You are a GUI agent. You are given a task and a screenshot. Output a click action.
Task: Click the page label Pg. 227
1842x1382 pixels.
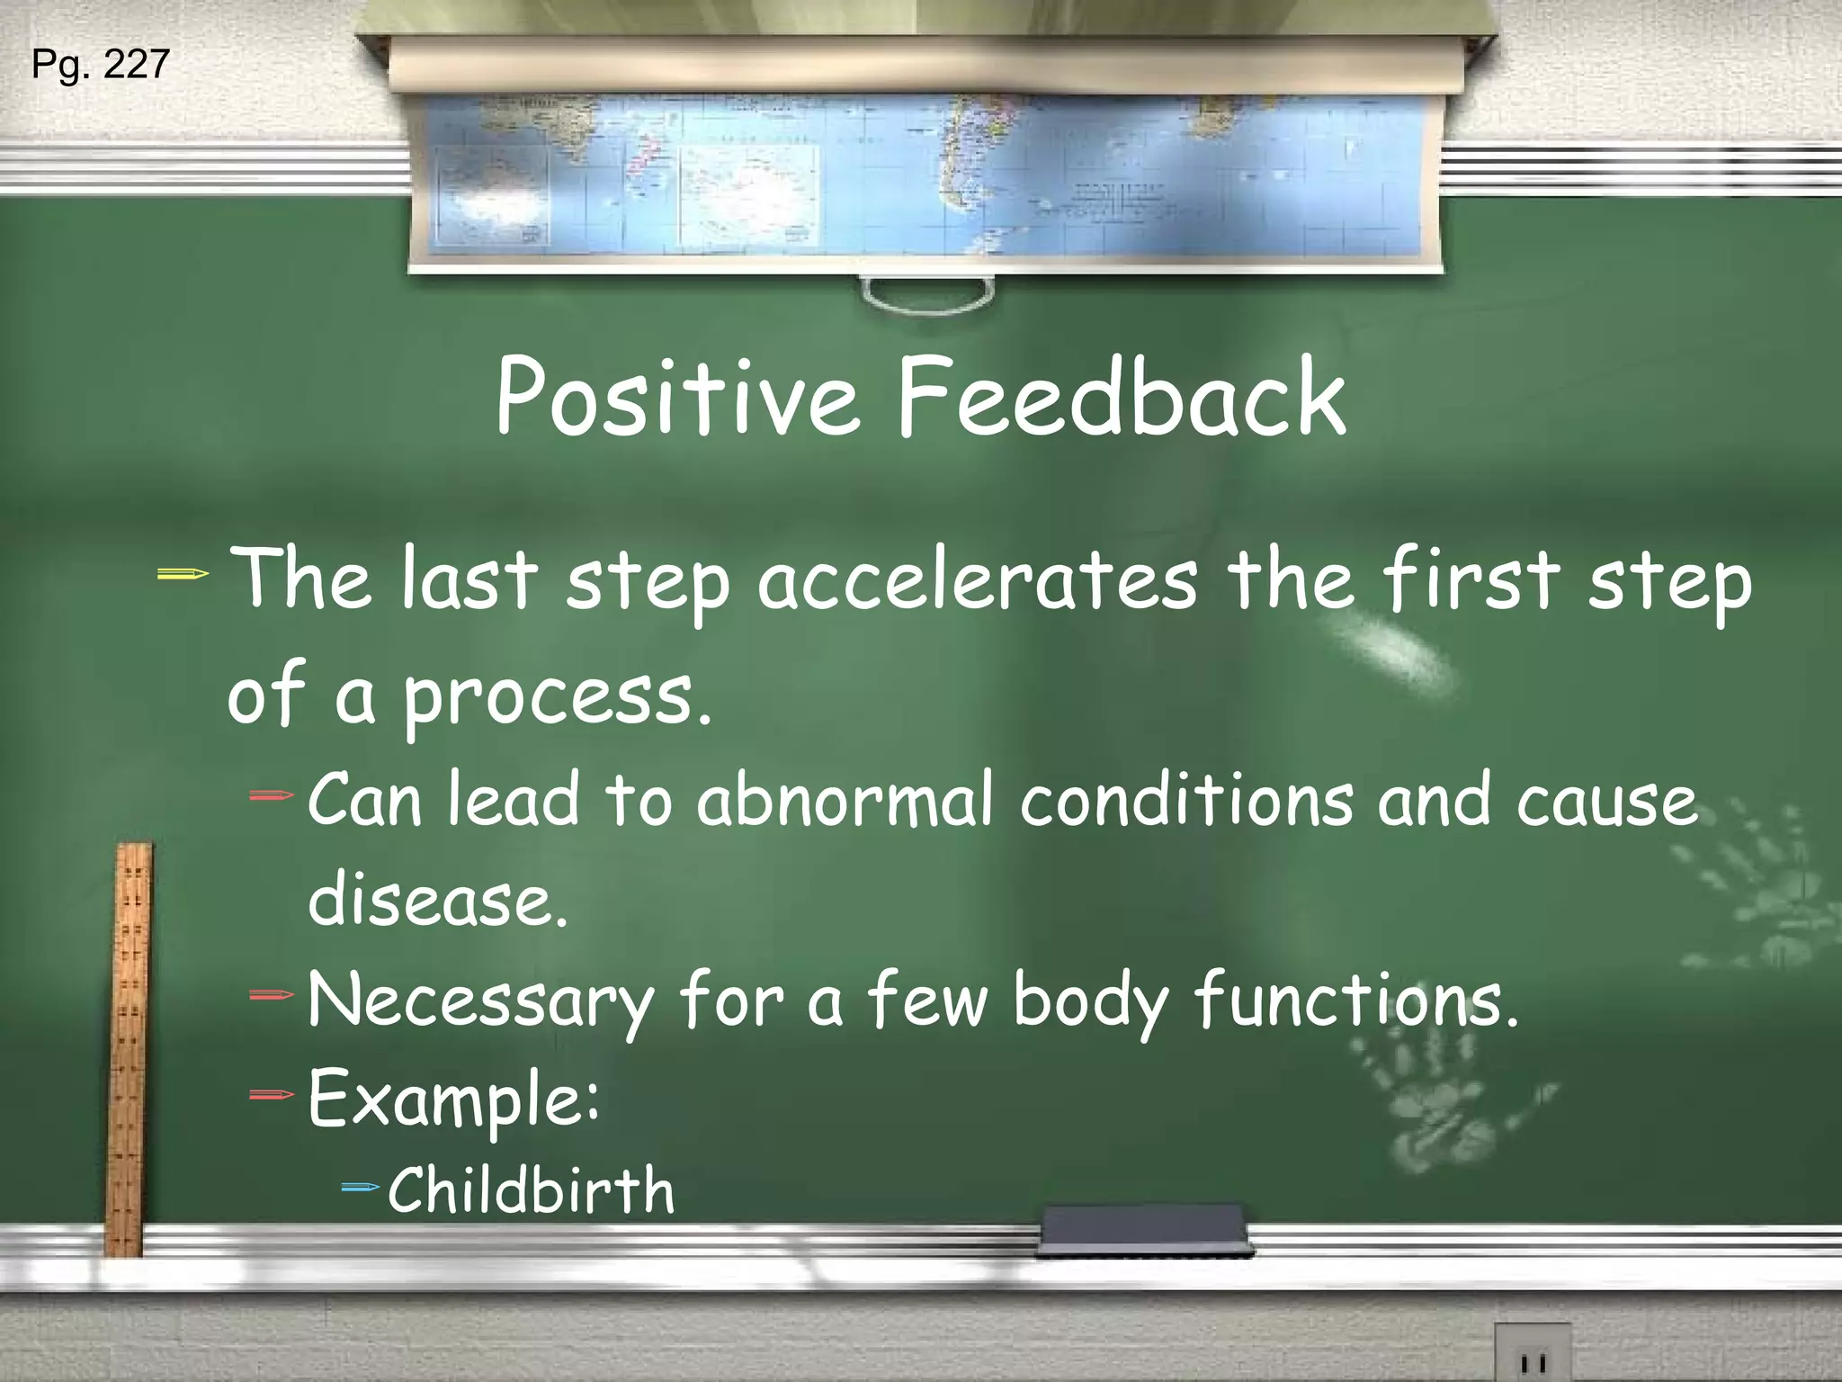coord(100,65)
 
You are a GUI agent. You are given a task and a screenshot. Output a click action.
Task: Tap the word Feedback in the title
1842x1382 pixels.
coord(1121,397)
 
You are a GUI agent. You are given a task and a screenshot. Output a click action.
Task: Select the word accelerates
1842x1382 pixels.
coord(978,580)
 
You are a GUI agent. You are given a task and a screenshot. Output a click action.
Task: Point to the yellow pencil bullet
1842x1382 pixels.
coord(183,574)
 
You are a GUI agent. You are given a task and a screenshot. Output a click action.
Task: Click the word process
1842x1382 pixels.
coord(557,697)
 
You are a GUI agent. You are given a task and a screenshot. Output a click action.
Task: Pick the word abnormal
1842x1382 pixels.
coord(845,799)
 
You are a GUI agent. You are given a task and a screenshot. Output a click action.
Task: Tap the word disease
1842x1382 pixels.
coord(438,899)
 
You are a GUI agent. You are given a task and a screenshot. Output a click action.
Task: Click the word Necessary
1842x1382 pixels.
coord(481,1001)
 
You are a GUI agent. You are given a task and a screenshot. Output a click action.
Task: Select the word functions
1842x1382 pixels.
coord(1355,1001)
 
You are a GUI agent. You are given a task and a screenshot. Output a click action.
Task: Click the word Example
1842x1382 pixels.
coord(452,1099)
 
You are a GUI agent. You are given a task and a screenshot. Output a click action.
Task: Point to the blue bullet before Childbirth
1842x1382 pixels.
coord(362,1188)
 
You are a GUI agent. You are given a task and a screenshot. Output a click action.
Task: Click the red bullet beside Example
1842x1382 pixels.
coord(272,1095)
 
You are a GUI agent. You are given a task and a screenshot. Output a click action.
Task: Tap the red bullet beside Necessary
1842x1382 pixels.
coord(272,995)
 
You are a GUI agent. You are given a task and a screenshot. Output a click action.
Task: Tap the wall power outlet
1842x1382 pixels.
coord(1533,1354)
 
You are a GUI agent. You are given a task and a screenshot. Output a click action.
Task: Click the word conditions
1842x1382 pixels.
coord(1185,799)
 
